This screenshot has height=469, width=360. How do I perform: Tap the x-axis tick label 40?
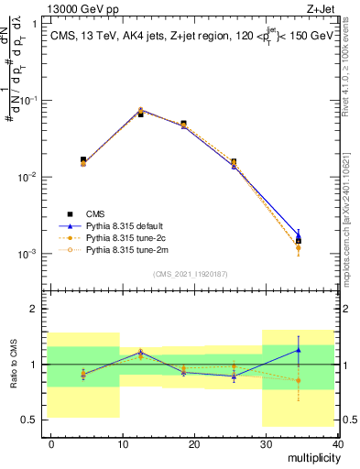(x=336, y=443)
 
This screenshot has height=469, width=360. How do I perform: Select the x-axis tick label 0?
(x=52, y=443)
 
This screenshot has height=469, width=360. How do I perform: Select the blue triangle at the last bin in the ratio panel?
(x=298, y=350)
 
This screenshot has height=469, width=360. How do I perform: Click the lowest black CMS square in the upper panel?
(x=298, y=241)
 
